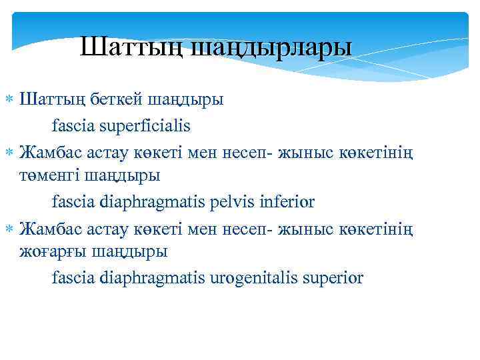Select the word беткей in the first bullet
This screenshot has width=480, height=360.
click(x=117, y=100)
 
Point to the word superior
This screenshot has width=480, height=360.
click(x=333, y=277)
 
